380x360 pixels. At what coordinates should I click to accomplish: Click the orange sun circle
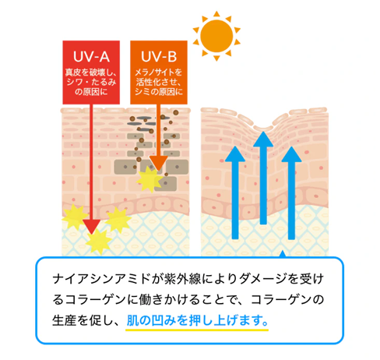(x=216, y=36)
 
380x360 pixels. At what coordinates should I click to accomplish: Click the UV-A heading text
(x=91, y=57)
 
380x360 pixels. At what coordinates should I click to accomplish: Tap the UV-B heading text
(x=159, y=57)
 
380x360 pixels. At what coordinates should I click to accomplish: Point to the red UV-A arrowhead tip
(x=91, y=234)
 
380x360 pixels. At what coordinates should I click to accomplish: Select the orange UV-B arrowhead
(x=158, y=163)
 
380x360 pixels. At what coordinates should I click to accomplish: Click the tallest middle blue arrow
(x=263, y=178)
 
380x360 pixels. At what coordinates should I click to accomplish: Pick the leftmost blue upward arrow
(x=235, y=192)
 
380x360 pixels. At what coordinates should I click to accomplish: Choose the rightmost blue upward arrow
(x=291, y=192)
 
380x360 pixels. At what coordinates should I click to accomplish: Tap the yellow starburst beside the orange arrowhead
(x=150, y=179)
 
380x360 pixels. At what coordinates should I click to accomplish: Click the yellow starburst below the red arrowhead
(x=99, y=242)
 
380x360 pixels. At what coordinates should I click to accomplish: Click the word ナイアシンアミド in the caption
(x=101, y=279)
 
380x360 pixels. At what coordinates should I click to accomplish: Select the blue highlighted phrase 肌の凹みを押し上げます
(x=197, y=320)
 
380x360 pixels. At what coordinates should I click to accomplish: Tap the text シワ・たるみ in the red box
(x=91, y=82)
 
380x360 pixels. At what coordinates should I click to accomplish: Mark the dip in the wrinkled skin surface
(x=263, y=128)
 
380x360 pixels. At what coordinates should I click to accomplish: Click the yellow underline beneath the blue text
(x=197, y=330)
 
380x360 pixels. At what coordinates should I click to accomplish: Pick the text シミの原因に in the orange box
(x=159, y=91)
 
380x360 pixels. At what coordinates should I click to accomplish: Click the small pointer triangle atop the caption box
(x=283, y=254)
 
